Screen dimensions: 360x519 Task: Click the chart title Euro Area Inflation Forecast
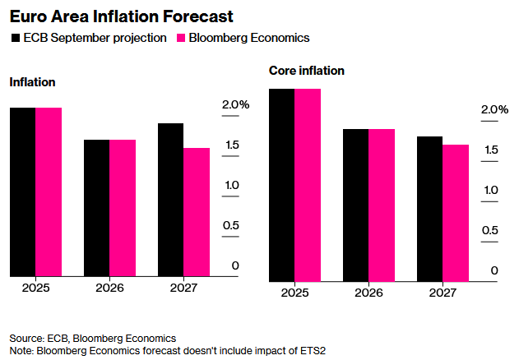[121, 16]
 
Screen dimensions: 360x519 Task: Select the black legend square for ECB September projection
[16, 38]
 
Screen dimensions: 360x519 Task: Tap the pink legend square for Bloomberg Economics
[182, 38]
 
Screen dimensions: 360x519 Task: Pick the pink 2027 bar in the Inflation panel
[197, 212]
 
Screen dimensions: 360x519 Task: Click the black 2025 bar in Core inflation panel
[282, 185]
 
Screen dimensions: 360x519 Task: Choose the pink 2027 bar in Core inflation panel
[456, 214]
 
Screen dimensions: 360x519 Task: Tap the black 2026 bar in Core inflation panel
[356, 205]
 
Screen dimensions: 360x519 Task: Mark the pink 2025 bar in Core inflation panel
[308, 185]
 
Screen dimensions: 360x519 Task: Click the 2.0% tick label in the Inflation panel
[235, 104]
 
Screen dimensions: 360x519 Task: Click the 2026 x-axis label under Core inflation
[368, 293]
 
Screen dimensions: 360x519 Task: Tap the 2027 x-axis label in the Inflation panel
[183, 288]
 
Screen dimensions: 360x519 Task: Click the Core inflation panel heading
[306, 71]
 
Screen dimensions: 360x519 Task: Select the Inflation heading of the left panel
[32, 82]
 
